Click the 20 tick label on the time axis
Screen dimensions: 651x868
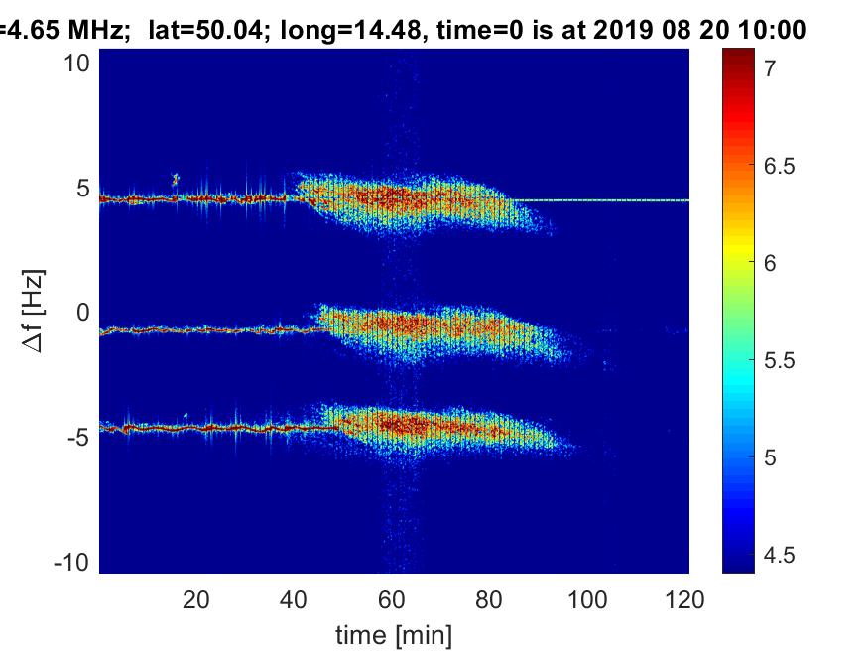click(x=196, y=599)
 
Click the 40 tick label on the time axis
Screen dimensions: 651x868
click(x=295, y=599)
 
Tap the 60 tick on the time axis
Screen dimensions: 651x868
click(x=393, y=599)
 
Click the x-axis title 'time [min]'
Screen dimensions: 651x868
click(x=394, y=632)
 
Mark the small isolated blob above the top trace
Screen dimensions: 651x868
click(x=176, y=179)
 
